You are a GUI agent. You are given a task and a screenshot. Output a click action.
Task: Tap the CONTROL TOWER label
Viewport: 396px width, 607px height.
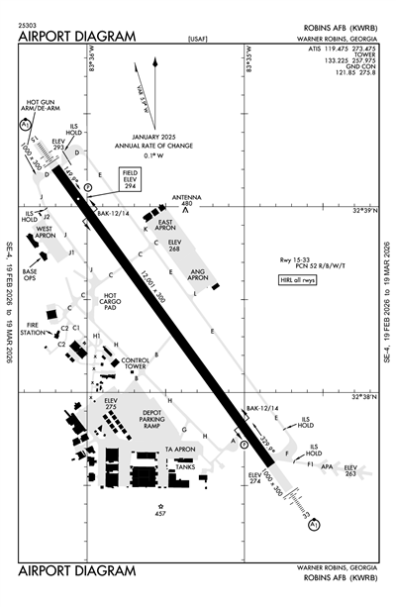[x=135, y=363]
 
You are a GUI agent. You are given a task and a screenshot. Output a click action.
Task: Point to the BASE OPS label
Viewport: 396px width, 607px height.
[x=30, y=275]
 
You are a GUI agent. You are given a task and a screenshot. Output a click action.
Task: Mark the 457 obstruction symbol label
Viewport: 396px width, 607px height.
[x=160, y=514]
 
